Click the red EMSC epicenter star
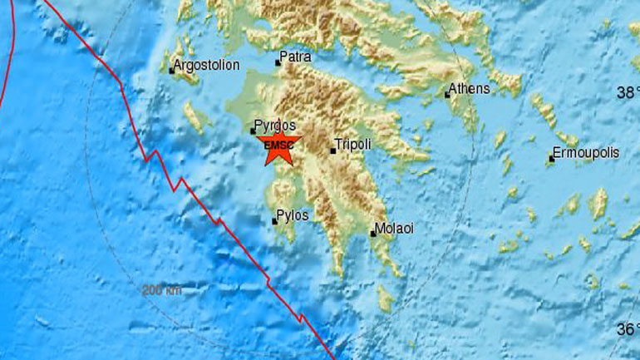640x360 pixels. point(278,145)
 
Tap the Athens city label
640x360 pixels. point(470,88)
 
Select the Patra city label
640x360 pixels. point(296,57)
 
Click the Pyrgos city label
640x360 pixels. point(276,125)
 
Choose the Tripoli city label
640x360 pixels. point(352,144)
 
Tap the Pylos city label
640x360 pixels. point(293,215)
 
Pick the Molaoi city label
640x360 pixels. point(395,228)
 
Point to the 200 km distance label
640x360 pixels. point(161,290)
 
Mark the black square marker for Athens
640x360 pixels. point(447,94)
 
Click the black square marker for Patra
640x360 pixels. point(278,62)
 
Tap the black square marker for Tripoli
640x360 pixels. point(333,150)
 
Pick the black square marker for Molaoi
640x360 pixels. point(373,234)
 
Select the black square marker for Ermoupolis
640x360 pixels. point(550,160)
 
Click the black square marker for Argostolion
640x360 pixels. point(172,71)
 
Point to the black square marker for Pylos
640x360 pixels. point(274,221)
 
